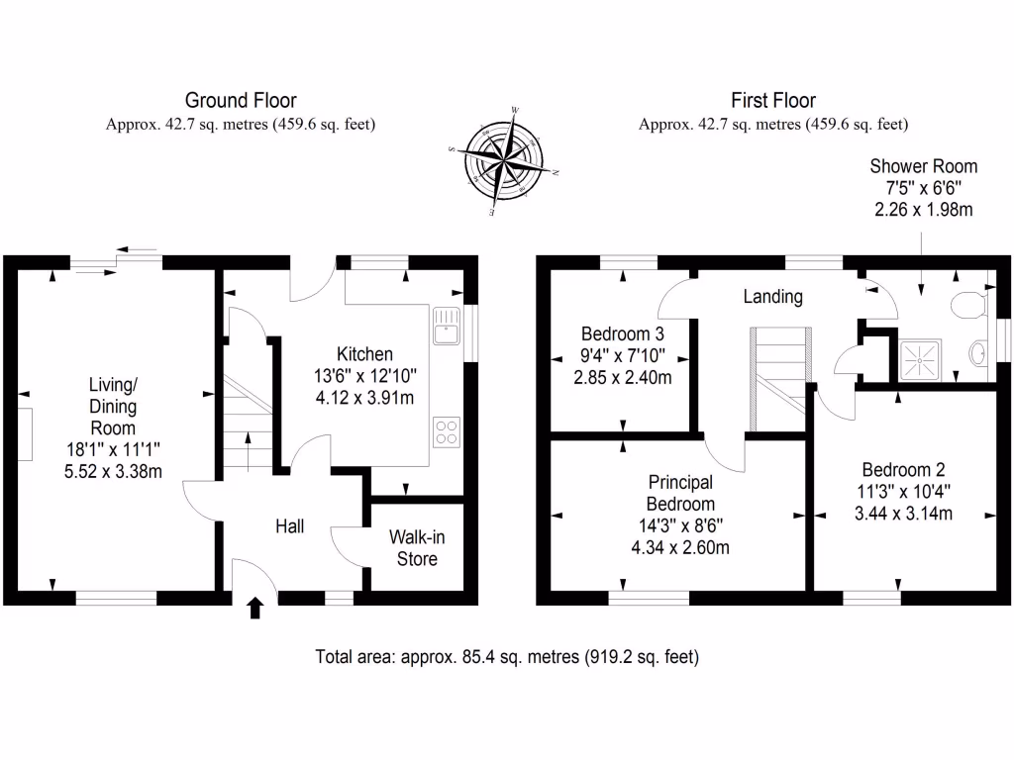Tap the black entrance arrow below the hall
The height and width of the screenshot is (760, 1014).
pos(254,607)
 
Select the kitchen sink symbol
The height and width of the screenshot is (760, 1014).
pos(445,325)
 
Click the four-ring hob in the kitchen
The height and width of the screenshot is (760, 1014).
pos(446,431)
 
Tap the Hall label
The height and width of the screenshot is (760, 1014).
pos(289,527)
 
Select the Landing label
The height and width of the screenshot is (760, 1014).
pos(772,297)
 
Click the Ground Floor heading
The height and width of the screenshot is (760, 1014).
pos(241,100)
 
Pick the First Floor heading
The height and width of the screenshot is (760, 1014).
pos(773,100)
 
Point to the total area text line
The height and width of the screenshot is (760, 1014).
pos(507,656)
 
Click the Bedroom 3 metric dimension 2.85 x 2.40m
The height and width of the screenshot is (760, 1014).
pos(622,377)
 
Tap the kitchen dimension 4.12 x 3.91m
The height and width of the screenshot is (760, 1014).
pos(364,398)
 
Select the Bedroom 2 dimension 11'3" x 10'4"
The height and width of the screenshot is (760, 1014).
pos(906,492)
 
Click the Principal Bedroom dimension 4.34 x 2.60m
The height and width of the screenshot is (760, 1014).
pos(679,546)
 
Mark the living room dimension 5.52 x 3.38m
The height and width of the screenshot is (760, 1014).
pos(113,471)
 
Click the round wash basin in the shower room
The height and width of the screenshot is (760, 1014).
pos(978,353)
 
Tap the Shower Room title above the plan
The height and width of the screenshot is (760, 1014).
pos(923,166)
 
